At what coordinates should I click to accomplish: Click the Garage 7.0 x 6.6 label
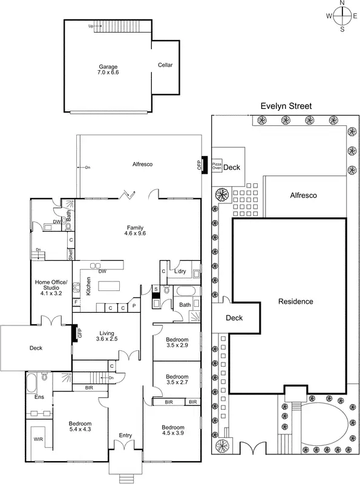point(108,69)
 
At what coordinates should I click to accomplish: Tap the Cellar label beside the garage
point(165,65)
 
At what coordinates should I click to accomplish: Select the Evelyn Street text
point(286,106)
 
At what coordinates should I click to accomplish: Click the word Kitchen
point(87,286)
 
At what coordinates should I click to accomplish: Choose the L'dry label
point(180,270)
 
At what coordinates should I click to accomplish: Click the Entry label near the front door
point(125,435)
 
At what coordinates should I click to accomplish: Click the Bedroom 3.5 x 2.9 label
point(177,342)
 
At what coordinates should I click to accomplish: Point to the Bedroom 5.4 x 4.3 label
point(79,426)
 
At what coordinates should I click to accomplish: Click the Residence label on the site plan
point(296,301)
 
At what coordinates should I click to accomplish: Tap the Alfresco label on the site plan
point(304,195)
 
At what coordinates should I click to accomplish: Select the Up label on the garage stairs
point(91,27)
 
